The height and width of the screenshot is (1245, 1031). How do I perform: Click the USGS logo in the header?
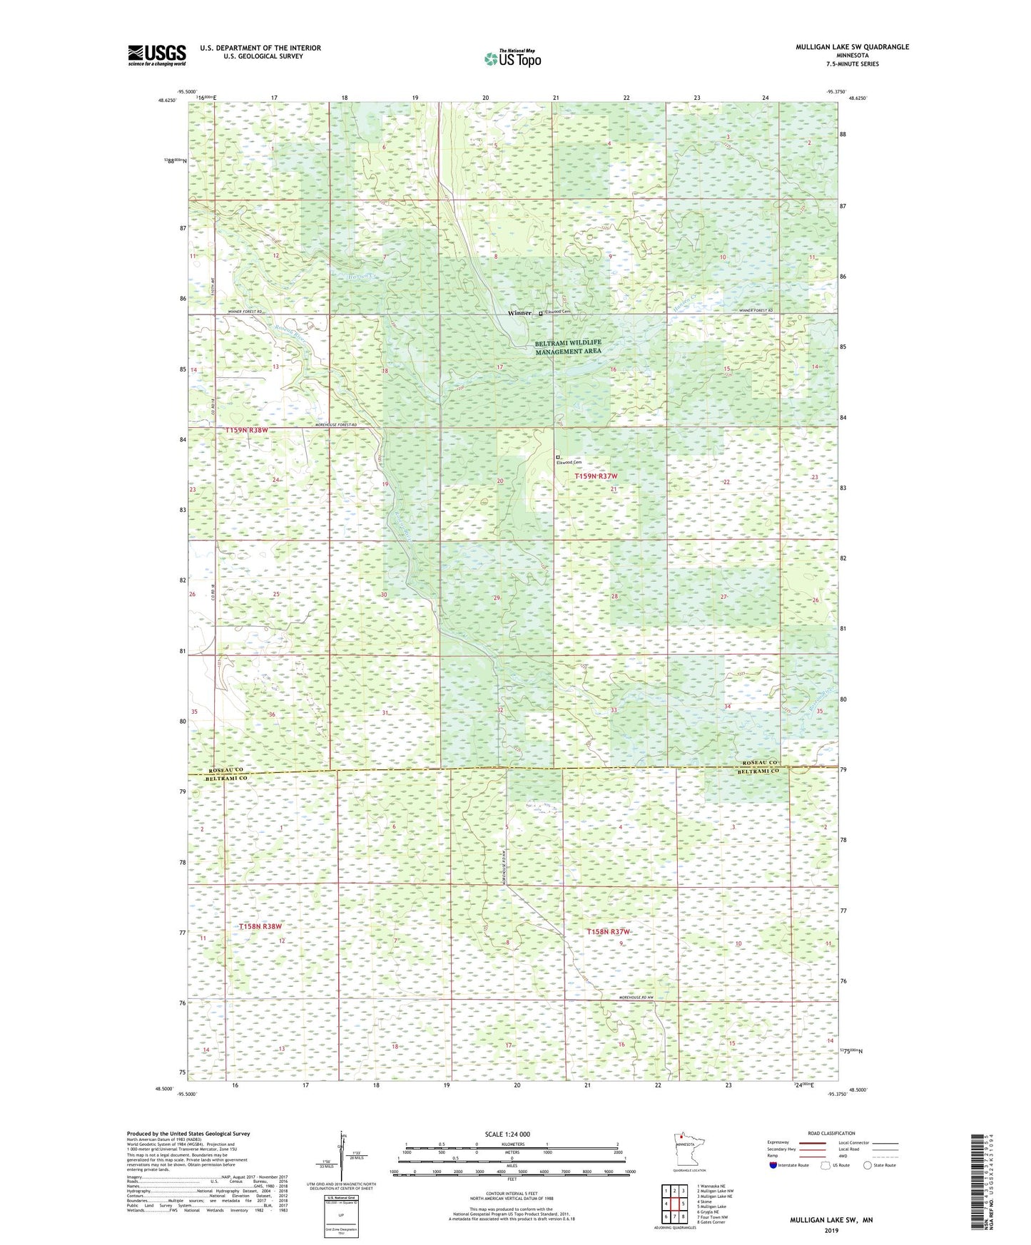[x=157, y=55]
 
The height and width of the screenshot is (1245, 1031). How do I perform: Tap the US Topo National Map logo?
[x=512, y=58]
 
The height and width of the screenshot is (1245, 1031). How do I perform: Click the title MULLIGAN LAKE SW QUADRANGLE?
[x=852, y=47]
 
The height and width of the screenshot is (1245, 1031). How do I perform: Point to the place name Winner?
[x=519, y=313]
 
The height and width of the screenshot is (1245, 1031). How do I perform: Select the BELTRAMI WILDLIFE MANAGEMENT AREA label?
[x=568, y=347]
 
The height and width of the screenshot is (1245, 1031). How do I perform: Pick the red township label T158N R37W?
[x=609, y=932]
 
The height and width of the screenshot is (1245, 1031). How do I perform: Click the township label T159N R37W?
[x=596, y=476]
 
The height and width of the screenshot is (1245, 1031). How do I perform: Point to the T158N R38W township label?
[x=260, y=926]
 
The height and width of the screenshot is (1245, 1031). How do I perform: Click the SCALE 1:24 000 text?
[x=507, y=1134]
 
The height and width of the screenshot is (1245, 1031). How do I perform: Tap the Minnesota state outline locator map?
[x=689, y=1149]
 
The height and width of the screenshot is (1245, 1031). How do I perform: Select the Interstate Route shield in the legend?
[x=773, y=1165]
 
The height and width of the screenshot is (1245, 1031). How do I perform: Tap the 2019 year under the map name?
[x=831, y=1230]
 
